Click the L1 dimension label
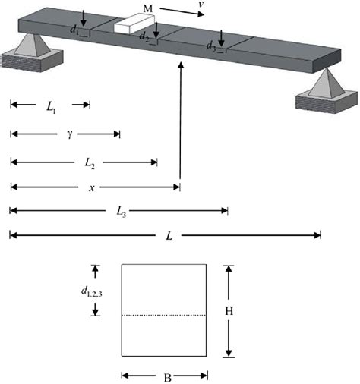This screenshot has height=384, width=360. click(x=50, y=108)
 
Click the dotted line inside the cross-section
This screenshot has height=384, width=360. click(x=164, y=314)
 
